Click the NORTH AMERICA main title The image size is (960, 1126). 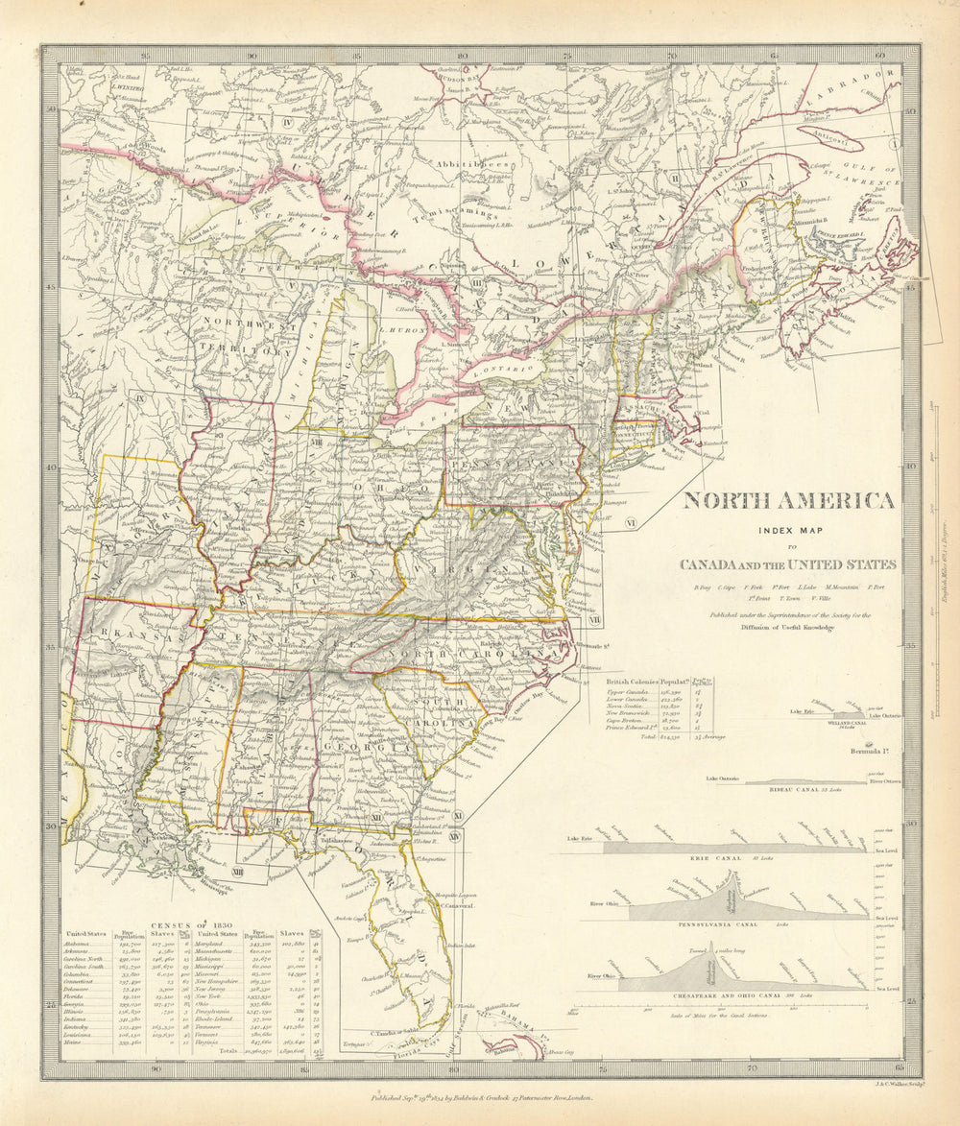coord(788,501)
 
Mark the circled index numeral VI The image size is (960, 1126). coord(630,522)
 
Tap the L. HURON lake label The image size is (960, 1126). coord(396,329)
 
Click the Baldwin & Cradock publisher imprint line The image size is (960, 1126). coord(482,1095)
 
